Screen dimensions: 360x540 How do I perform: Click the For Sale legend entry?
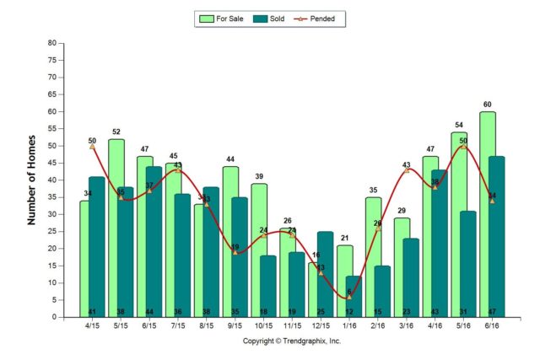[x=222, y=18]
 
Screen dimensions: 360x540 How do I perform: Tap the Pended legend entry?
[x=325, y=18]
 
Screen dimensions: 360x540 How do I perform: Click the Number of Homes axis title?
[x=32, y=180]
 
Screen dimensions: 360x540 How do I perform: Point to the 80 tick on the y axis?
[x=52, y=43]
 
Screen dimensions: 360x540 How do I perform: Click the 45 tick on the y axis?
[x=52, y=163]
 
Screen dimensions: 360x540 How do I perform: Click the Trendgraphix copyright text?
[x=292, y=341]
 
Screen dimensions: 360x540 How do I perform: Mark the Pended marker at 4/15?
[x=92, y=146]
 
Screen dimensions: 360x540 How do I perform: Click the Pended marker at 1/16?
[x=349, y=297]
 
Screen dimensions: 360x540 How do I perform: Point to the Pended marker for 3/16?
[x=407, y=169]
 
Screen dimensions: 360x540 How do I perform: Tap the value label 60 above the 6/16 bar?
[x=488, y=105]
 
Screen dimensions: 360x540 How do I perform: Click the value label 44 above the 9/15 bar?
[x=230, y=159]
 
